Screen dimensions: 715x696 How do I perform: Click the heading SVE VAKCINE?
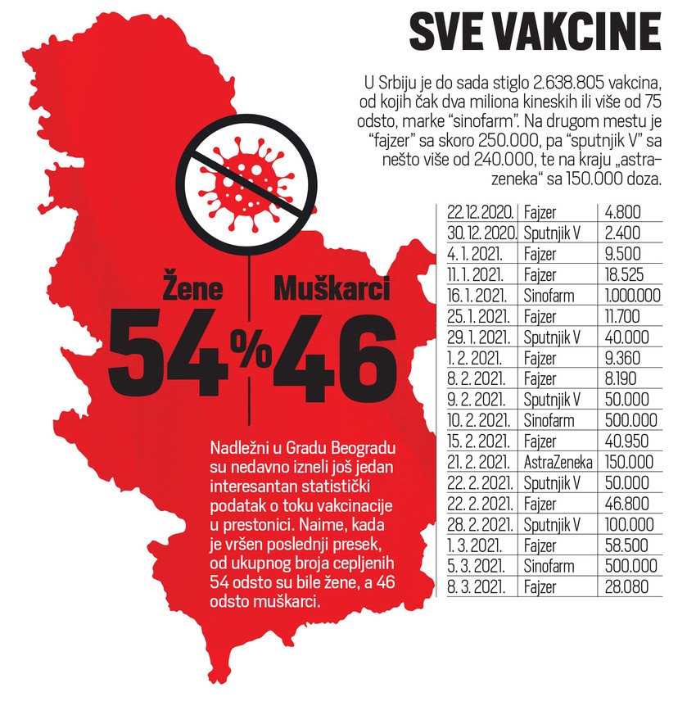click(534, 33)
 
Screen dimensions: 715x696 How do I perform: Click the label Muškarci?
click(332, 290)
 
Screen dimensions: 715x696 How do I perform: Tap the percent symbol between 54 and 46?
click(250, 353)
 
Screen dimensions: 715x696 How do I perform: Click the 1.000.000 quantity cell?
click(631, 295)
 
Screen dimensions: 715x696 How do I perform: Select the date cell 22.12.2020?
click(482, 211)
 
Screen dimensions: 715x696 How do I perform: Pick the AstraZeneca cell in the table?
click(556, 462)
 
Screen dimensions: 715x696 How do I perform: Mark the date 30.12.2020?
click(482, 233)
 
